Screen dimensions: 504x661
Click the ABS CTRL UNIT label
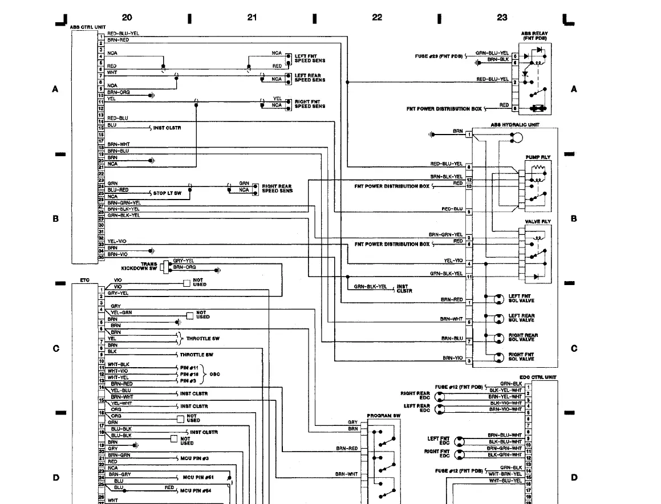click(x=87, y=27)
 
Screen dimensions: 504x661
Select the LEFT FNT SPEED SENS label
click(x=310, y=59)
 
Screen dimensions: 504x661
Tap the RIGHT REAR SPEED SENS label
click(x=277, y=188)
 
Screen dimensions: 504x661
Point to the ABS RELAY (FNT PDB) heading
click(x=534, y=36)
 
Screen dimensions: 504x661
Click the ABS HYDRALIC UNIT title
click(x=514, y=124)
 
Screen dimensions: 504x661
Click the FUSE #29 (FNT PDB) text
click(x=438, y=56)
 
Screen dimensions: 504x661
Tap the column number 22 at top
click(x=377, y=18)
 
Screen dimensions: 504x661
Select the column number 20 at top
click(x=127, y=18)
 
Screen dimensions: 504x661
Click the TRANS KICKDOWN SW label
click(x=139, y=266)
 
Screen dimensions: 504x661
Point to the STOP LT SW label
click(x=167, y=193)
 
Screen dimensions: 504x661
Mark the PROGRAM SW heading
click(x=384, y=416)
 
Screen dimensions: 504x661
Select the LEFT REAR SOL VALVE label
click(x=521, y=318)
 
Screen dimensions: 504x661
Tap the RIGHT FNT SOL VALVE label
click(x=521, y=357)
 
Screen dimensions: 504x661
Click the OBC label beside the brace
click(x=215, y=374)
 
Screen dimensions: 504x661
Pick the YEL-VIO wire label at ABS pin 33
click(x=116, y=241)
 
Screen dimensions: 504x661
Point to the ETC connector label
click(x=85, y=281)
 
